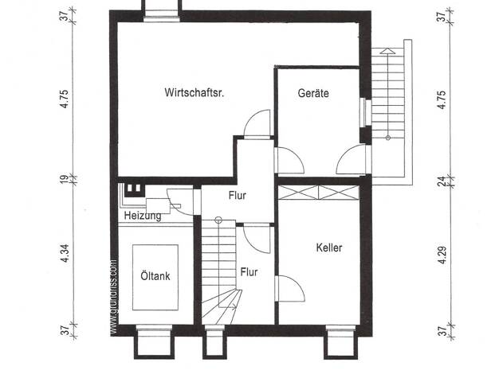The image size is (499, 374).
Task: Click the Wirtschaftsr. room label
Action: point(194,92)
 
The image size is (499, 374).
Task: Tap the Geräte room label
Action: point(313,93)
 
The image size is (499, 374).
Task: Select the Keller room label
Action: point(329,247)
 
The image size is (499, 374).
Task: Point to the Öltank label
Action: point(155,275)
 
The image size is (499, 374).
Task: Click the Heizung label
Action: point(143,216)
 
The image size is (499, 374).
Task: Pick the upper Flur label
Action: point(238,196)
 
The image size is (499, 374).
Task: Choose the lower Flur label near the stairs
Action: point(249,272)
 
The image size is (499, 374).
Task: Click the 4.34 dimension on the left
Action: point(65,253)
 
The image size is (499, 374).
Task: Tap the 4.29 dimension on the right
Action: point(442,255)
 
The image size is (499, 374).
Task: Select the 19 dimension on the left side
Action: point(65,179)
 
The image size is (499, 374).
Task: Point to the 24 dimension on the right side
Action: point(442,181)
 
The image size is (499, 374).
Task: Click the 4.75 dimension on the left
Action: point(65,99)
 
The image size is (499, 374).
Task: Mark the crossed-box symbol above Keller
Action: point(319,193)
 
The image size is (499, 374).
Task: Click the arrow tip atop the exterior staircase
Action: point(387,49)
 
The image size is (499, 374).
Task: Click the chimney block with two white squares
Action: point(134,190)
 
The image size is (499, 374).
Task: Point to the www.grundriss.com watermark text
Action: point(114,298)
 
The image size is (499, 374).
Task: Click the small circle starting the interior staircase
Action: point(218,220)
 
